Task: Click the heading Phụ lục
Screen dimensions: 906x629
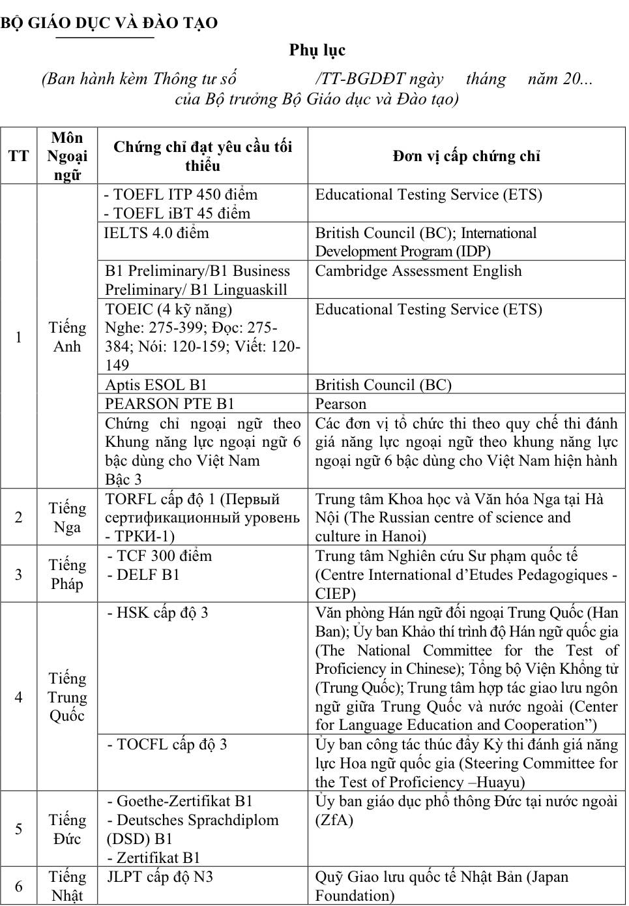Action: point(317,50)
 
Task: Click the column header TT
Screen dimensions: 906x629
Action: point(18,156)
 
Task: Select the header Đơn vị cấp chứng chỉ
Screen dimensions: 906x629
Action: point(466,156)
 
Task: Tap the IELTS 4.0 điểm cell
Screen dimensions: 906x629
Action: point(156,233)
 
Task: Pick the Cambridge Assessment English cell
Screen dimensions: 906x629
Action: point(418,271)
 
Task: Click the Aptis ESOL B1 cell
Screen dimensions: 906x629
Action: point(156,384)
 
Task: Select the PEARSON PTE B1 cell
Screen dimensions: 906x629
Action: point(169,403)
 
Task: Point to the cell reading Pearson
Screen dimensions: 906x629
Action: point(341,403)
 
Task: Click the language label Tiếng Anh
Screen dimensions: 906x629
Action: point(67,337)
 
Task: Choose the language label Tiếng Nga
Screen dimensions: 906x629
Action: point(67,517)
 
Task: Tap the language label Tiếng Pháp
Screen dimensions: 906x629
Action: point(67,574)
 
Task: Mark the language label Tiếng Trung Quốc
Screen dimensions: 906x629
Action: point(67,697)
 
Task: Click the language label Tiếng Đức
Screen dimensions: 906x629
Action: point(67,829)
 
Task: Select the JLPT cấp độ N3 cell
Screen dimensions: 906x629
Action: point(160,877)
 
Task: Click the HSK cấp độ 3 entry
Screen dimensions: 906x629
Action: point(158,612)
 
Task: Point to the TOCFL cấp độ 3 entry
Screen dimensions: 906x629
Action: point(168,744)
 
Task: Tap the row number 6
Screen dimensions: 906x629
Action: point(18,886)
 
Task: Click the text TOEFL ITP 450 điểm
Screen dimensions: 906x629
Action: point(181,194)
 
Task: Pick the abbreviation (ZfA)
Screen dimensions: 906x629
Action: point(334,820)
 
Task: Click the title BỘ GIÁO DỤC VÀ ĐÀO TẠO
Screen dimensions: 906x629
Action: point(109,23)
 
